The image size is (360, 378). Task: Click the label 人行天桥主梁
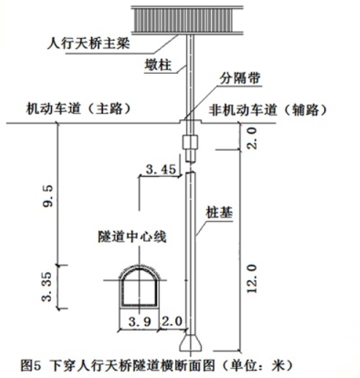[88, 44]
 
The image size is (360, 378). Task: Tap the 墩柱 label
[158, 65]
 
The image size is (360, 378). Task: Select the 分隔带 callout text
[240, 78]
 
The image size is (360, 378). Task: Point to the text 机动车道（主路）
[79, 108]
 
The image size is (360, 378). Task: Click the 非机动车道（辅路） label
[268, 110]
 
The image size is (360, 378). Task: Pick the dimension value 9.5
[47, 196]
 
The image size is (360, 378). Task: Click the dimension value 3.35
[47, 287]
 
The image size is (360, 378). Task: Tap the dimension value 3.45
[161, 169]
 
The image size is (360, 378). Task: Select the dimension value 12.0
[252, 279]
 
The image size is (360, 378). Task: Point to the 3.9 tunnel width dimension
[139, 322]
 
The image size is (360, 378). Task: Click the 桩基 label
[219, 212]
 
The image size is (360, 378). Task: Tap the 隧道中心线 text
[132, 237]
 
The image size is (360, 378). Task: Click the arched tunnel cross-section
[139, 287]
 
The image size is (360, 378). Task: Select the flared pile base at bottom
[191, 343]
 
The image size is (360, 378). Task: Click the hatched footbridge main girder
[187, 20]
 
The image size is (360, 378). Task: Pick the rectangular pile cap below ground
[190, 142]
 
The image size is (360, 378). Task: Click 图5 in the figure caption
[30, 366]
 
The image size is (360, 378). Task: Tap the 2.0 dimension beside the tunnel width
[172, 321]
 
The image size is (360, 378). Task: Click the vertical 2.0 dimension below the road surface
[252, 138]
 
